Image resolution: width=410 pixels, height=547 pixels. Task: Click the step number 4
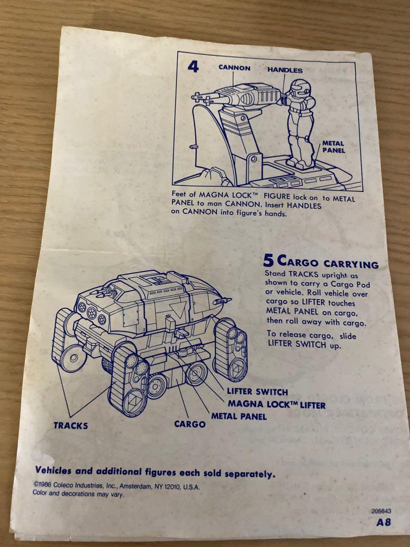[193, 67]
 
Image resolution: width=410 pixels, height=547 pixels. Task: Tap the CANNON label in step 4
[234, 68]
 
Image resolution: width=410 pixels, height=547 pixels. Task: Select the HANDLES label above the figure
[285, 70]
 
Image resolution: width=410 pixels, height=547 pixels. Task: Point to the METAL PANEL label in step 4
[333, 147]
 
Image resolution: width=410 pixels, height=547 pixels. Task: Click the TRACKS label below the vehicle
[71, 425]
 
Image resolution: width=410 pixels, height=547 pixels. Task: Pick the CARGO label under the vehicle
[190, 424]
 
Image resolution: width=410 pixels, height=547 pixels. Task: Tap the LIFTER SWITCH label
[257, 391]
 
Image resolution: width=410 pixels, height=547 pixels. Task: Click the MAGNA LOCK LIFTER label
[277, 404]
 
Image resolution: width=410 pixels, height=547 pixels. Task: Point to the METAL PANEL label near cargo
[239, 416]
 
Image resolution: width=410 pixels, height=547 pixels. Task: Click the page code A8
[384, 523]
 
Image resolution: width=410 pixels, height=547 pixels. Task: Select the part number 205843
[382, 511]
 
